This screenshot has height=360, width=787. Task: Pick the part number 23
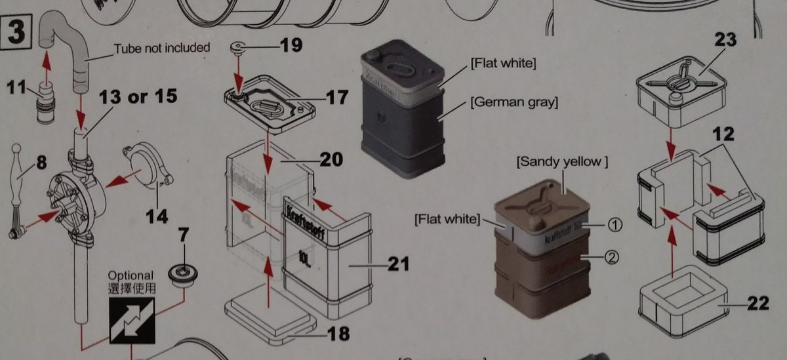click(725, 39)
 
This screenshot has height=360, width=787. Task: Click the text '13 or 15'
click(138, 97)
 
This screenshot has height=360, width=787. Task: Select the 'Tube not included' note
click(161, 48)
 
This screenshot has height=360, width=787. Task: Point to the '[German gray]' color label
click(514, 103)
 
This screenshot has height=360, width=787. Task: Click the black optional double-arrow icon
click(132, 319)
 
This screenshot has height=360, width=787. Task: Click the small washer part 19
click(238, 47)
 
